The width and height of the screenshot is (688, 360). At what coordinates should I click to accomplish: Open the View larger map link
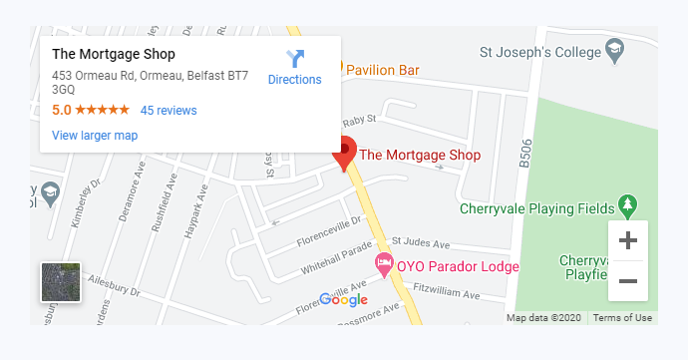95,136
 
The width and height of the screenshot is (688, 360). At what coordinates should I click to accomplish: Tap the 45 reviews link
169,111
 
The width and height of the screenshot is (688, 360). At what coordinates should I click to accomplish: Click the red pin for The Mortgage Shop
345,153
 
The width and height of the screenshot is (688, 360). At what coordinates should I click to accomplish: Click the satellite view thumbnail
60,282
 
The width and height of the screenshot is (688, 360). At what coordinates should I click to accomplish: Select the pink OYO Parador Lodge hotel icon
384,265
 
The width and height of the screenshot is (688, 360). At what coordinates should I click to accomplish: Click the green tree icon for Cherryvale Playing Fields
627,205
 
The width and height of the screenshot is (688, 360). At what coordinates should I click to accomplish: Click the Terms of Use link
622,318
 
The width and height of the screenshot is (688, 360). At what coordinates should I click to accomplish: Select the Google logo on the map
344,299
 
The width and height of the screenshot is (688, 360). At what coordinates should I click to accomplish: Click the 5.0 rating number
61,111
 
